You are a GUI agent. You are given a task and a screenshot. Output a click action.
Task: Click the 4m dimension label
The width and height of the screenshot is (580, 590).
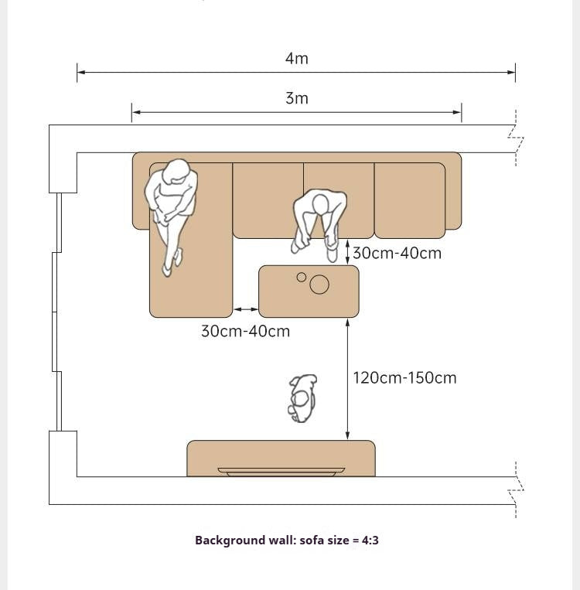tap(297, 58)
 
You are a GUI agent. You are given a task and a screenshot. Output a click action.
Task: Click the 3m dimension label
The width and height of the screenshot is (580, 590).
tap(297, 98)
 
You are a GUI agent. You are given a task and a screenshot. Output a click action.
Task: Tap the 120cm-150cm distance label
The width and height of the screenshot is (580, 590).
tap(404, 378)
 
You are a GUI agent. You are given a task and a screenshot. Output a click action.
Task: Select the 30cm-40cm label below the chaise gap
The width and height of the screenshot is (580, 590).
tap(245, 331)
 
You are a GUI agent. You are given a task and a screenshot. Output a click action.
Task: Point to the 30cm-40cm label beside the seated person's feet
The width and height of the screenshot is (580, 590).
tap(397, 253)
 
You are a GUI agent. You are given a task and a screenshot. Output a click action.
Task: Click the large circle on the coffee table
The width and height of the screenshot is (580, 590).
tap(319, 284)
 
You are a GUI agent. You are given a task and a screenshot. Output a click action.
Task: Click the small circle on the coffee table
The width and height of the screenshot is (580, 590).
tap(301, 278)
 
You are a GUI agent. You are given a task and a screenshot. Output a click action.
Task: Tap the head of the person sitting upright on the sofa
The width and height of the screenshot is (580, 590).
tap(320, 204)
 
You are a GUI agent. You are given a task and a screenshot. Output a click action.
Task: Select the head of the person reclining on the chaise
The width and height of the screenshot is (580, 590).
tap(175, 171)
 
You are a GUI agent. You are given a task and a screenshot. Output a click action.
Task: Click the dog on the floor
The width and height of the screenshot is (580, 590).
tap(302, 398)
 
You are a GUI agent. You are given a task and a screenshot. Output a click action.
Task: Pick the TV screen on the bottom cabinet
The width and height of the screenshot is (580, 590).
tap(281, 472)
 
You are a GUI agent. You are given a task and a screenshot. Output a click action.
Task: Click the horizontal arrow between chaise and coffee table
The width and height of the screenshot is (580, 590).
tap(246, 309)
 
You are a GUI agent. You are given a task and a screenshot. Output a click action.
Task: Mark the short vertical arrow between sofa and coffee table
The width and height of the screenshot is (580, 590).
tap(347, 252)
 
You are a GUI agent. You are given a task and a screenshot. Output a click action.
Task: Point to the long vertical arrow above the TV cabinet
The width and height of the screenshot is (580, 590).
tap(347, 379)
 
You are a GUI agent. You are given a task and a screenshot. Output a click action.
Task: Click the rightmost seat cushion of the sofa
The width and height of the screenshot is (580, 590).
tap(410, 200)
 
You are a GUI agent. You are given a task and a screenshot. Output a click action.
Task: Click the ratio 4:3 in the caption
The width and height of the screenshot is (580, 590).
tap(370, 541)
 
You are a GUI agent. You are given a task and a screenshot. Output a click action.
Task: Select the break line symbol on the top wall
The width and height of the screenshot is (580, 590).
tap(516, 138)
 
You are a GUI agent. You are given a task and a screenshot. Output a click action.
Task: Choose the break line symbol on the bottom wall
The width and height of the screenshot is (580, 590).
tap(516, 490)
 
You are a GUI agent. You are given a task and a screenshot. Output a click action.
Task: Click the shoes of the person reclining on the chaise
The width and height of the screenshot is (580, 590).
tap(172, 263)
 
